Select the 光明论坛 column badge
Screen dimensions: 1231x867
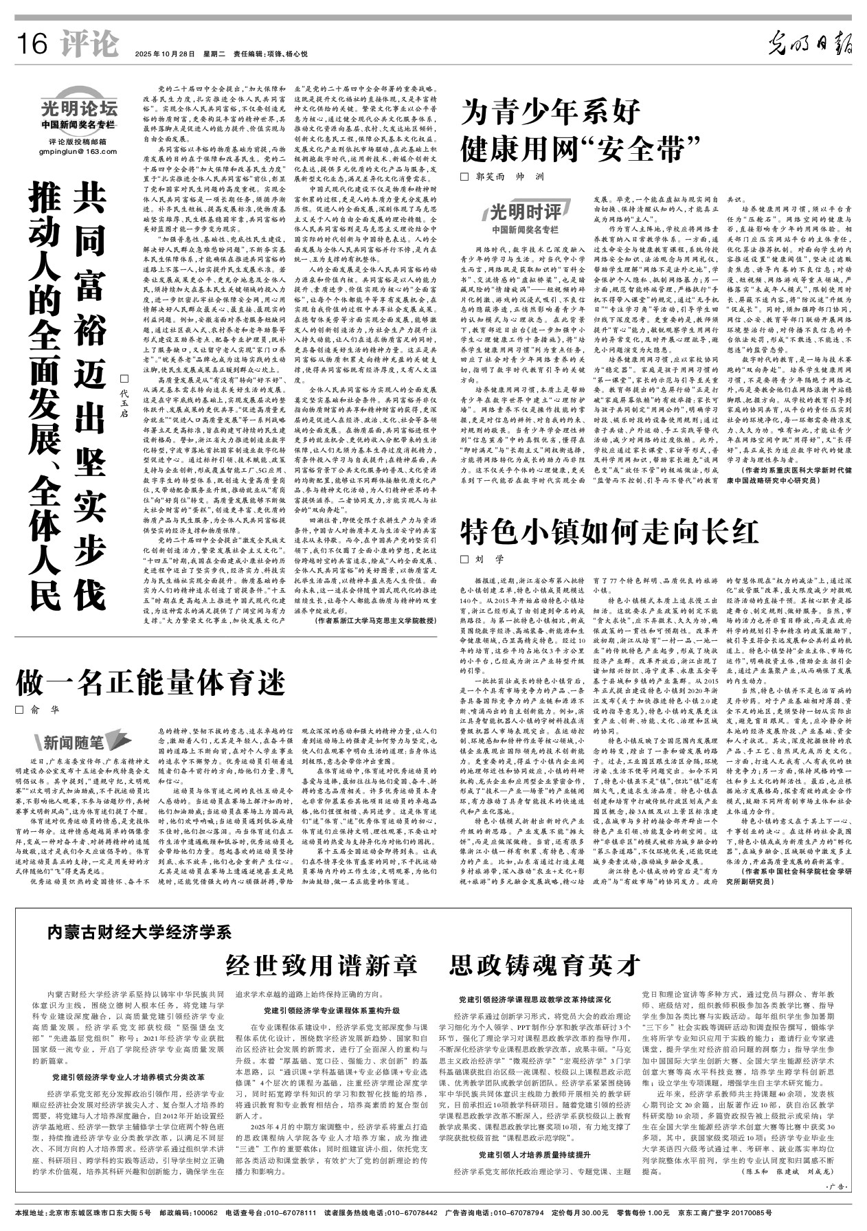[x=78, y=109]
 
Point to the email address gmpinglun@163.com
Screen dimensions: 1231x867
[x=78, y=151]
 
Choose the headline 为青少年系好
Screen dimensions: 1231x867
[x=552, y=111]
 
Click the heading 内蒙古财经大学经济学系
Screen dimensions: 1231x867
[x=140, y=932]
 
